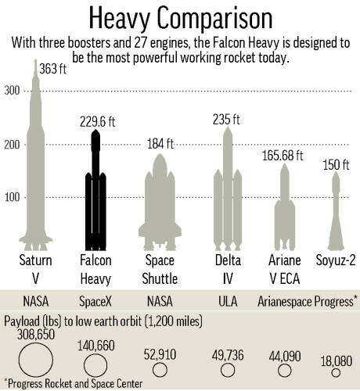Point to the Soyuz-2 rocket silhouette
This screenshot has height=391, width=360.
pos(336,211)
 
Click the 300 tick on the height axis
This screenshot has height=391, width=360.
pos(12,91)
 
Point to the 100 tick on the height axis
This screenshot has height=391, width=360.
pos(12,196)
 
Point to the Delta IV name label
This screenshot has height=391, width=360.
pos(228,269)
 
